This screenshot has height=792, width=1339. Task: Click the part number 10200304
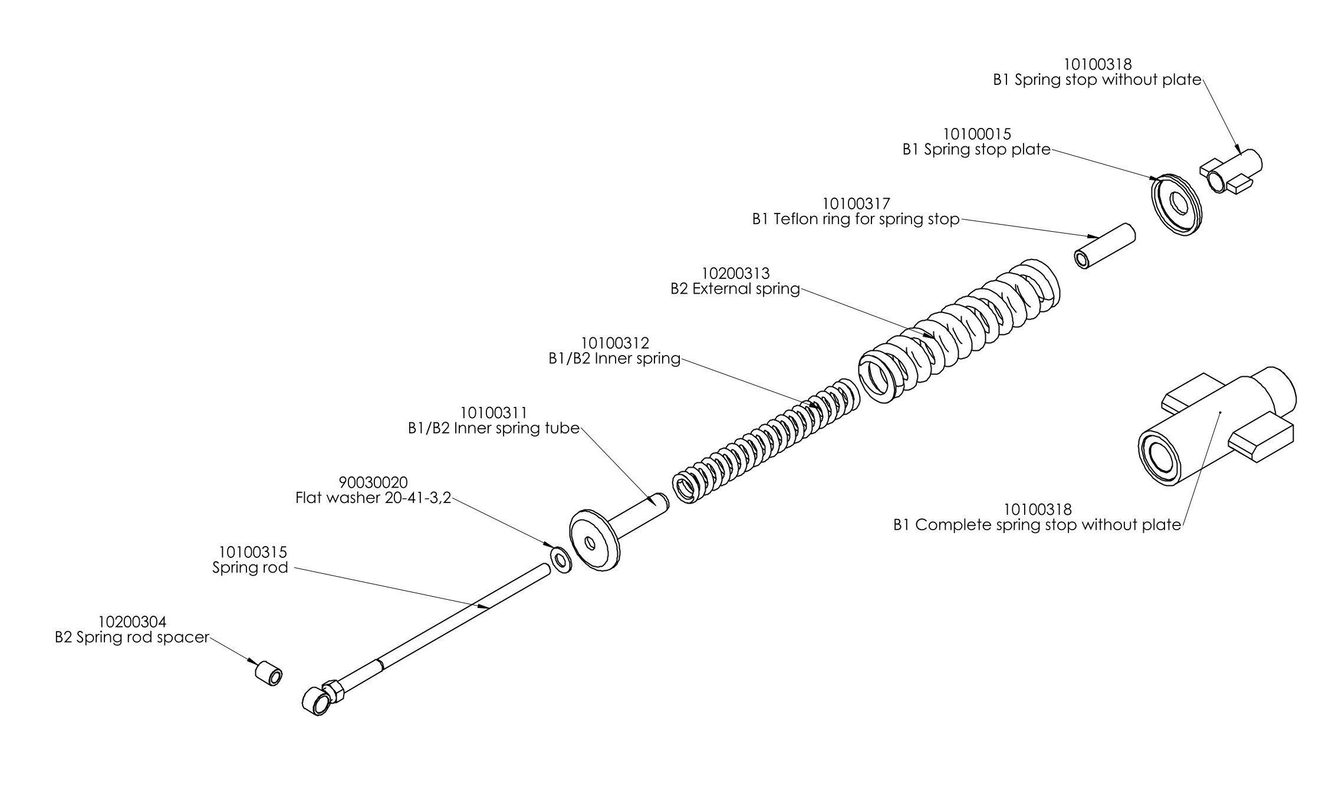(x=132, y=622)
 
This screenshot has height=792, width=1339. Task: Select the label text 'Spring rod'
(x=250, y=568)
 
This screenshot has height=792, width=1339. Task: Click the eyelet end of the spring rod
(x=316, y=702)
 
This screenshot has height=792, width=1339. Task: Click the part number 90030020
(x=373, y=482)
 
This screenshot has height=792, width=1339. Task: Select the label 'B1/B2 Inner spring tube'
(x=494, y=429)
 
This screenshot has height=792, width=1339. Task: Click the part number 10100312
(x=615, y=343)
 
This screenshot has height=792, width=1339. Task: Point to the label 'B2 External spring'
(x=735, y=289)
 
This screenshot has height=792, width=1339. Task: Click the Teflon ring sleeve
(x=1104, y=246)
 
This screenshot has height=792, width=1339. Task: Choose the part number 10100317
(x=856, y=204)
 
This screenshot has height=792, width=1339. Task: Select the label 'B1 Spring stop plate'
(x=976, y=150)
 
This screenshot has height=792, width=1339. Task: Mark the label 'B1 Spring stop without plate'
(x=1097, y=80)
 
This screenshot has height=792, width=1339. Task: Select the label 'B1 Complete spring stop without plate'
(x=1037, y=525)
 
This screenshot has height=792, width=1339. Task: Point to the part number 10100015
(x=977, y=134)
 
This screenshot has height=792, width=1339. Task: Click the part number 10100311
(x=494, y=413)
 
